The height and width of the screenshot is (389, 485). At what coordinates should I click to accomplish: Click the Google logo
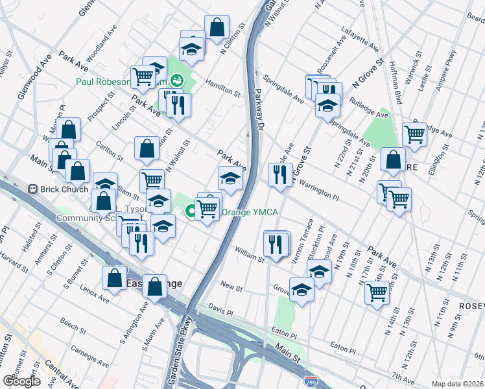pos(21,381)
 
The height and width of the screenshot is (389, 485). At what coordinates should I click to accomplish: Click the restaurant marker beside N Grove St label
pos(280,174)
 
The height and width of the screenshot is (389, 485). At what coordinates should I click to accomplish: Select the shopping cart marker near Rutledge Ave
pos(414,134)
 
